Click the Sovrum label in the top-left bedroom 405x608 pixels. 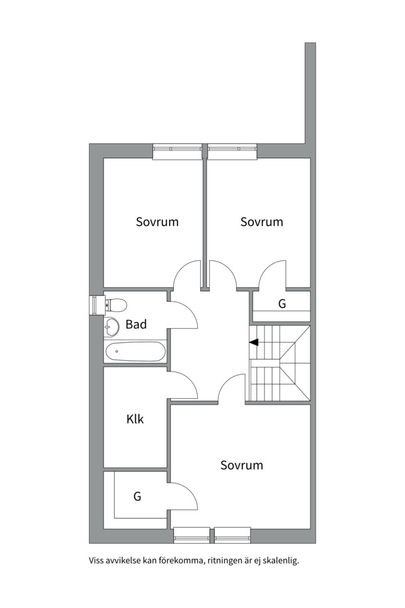point(157,222)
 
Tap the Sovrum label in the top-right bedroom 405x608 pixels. point(262,222)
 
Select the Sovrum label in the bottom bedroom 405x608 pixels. point(241,465)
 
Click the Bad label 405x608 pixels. point(136,324)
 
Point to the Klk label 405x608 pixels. point(135,419)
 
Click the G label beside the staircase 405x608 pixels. point(282,303)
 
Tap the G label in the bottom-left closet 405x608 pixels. point(137,496)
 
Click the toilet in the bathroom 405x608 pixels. point(116,305)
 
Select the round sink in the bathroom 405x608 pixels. point(111,327)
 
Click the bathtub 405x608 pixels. point(136,352)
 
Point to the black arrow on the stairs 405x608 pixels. point(254,342)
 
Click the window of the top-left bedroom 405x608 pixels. point(178,151)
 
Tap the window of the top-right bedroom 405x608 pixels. point(232,151)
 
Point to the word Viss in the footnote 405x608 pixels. point(96,561)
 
